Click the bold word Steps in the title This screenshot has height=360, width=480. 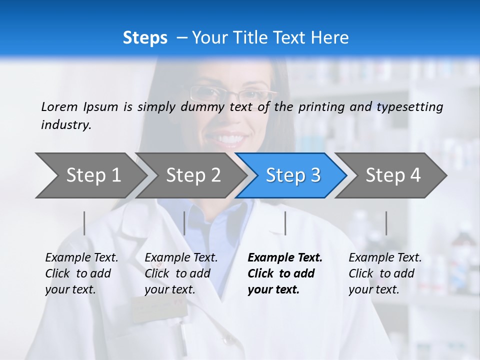145,38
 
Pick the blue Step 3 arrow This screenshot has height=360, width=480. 292,175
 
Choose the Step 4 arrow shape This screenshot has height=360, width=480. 392,175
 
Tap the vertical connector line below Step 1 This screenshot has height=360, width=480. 84,223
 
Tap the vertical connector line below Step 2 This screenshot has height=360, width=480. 184,223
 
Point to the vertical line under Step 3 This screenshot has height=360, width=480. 285,223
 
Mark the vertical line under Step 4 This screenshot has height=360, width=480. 386,223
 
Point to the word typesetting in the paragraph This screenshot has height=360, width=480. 409,107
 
